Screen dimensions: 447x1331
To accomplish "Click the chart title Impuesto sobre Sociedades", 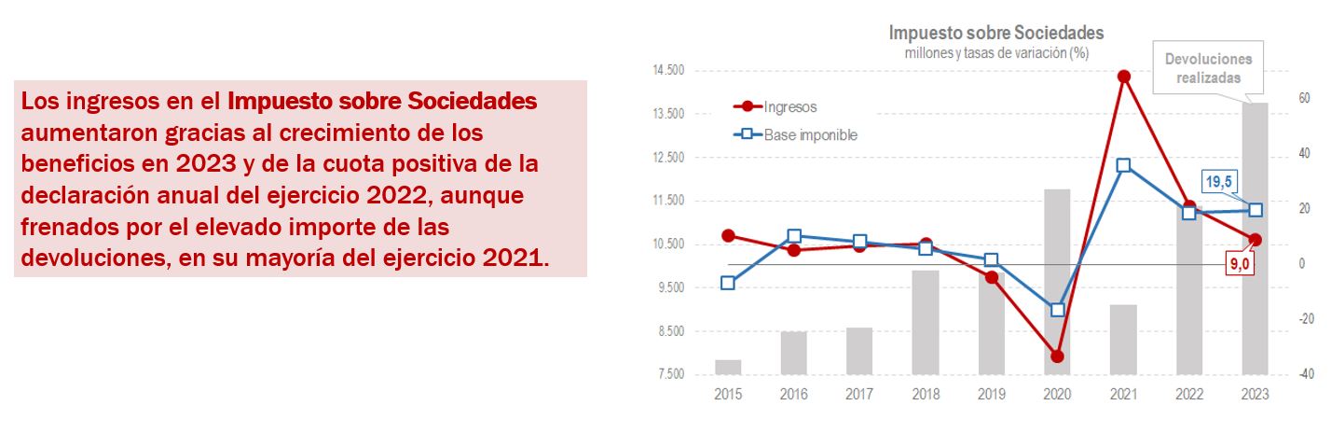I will pyautogui.click(x=995, y=34).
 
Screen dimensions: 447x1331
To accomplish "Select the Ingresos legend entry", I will pyautogui.click(x=789, y=107).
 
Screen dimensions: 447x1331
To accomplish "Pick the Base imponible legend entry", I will pyautogui.click(x=810, y=134).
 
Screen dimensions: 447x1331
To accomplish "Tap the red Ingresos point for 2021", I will pyautogui.click(x=1123, y=77).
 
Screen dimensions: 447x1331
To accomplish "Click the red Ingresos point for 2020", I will pyautogui.click(x=1057, y=356).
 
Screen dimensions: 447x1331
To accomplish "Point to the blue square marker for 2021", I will pyautogui.click(x=1123, y=165).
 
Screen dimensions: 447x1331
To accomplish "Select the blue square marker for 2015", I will pyautogui.click(x=728, y=283).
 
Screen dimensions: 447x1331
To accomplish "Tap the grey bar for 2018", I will pyautogui.click(x=925, y=322).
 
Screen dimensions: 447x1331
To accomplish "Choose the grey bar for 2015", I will pyautogui.click(x=728, y=367).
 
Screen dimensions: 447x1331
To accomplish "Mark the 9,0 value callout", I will pyautogui.click(x=1239, y=264).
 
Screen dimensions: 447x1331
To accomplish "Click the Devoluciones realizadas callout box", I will pyautogui.click(x=1208, y=68).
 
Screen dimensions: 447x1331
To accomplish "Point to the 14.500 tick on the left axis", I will pyautogui.click(x=667, y=71).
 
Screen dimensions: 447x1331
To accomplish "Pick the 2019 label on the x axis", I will pyautogui.click(x=992, y=395).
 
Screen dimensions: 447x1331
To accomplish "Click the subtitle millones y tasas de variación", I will pyautogui.click(x=996, y=52).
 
